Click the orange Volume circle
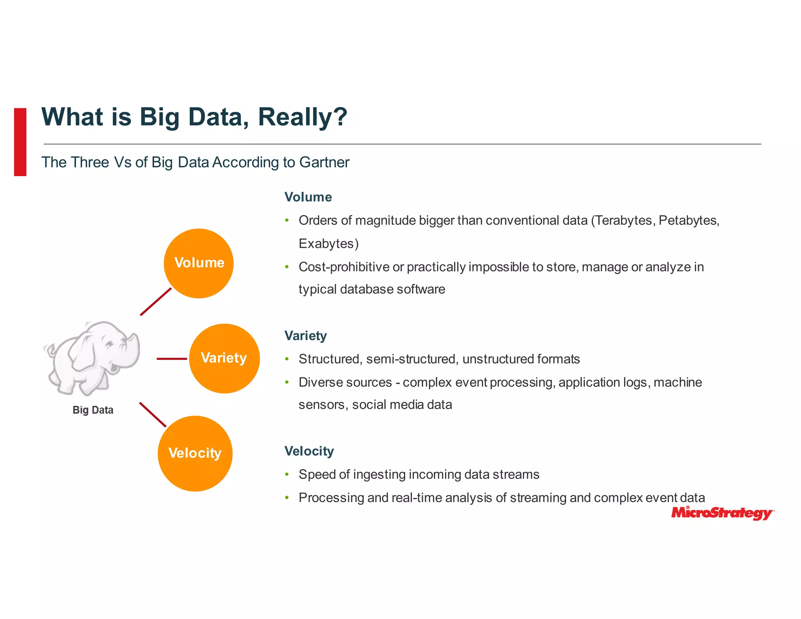(x=199, y=263)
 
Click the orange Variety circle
(x=224, y=358)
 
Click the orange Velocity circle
(x=195, y=453)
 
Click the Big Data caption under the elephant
(x=93, y=410)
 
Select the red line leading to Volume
(x=156, y=302)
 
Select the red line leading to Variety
(x=172, y=358)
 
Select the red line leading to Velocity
(x=153, y=415)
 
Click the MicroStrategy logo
(x=722, y=513)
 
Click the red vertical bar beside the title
(x=20, y=142)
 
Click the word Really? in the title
(x=302, y=117)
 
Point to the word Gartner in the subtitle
(x=324, y=162)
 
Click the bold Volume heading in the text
(x=308, y=197)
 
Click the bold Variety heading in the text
(x=305, y=336)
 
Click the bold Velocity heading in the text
(x=309, y=451)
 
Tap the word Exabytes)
(x=328, y=244)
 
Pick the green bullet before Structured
(x=287, y=359)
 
